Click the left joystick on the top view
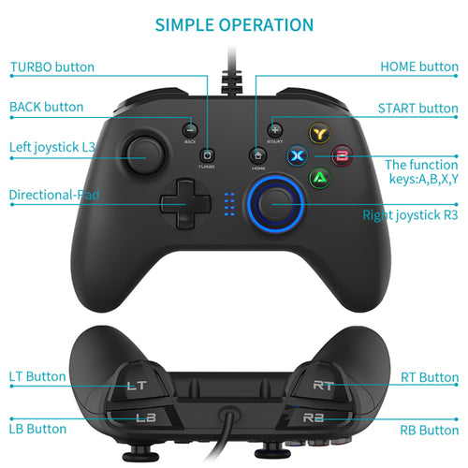(145, 152)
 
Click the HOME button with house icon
(256, 155)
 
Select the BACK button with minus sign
(190, 130)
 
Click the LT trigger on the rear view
(137, 383)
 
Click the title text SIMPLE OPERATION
(233, 25)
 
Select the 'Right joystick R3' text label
(410, 215)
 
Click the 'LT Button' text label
(37, 376)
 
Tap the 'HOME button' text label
(418, 67)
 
